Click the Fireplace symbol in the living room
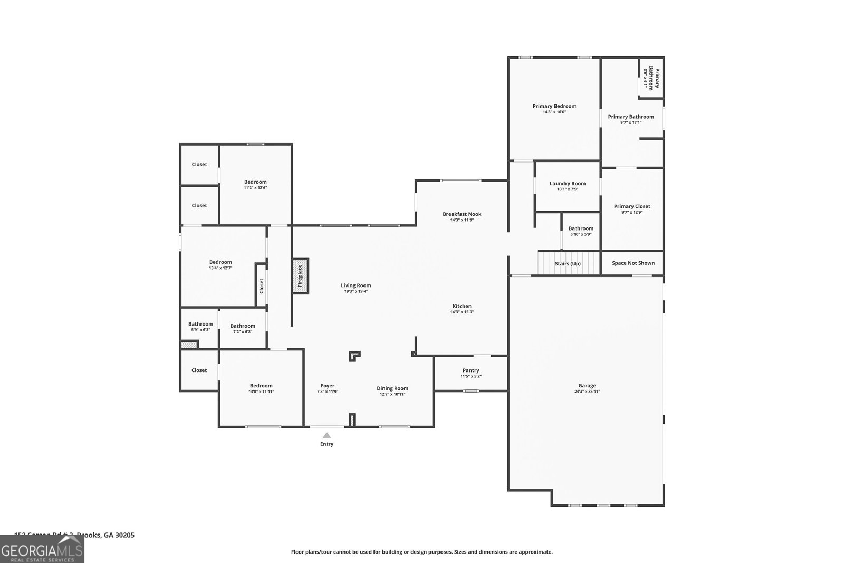[300, 276]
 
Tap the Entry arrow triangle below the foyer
[327, 435]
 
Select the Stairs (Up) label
[568, 263]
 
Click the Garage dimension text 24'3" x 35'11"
[587, 392]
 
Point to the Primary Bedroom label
[554, 106]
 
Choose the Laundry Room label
[567, 184]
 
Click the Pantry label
[471, 370]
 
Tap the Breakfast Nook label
[462, 214]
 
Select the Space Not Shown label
[633, 263]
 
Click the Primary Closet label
[631, 206]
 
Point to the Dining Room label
[392, 388]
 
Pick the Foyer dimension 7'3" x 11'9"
[327, 392]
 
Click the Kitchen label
[462, 306]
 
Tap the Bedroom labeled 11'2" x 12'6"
[255, 182]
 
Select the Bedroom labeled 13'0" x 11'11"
[261, 386]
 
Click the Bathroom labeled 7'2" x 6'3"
[243, 326]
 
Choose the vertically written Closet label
[261, 287]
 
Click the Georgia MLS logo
[42, 549]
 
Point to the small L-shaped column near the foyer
[354, 356]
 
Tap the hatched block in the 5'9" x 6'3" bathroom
[188, 345]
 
